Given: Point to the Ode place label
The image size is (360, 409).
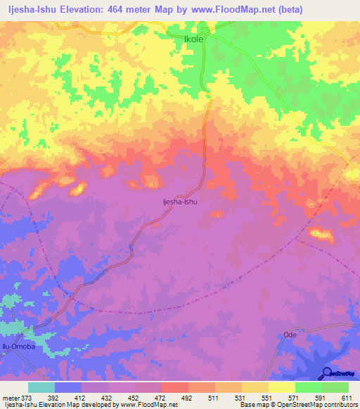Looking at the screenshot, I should point(290,335).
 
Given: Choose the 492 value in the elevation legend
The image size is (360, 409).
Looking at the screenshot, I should point(187,398).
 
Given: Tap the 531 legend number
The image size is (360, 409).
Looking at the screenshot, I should point(240,398).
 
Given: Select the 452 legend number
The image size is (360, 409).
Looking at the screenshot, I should point(132,398).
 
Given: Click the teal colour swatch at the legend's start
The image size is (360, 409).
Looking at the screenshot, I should point(41,387).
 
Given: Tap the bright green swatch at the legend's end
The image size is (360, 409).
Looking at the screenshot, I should point(335,387).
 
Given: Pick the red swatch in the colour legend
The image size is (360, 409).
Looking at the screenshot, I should point(175,387).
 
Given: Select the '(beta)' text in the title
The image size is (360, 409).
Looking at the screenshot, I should point(288,11).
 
